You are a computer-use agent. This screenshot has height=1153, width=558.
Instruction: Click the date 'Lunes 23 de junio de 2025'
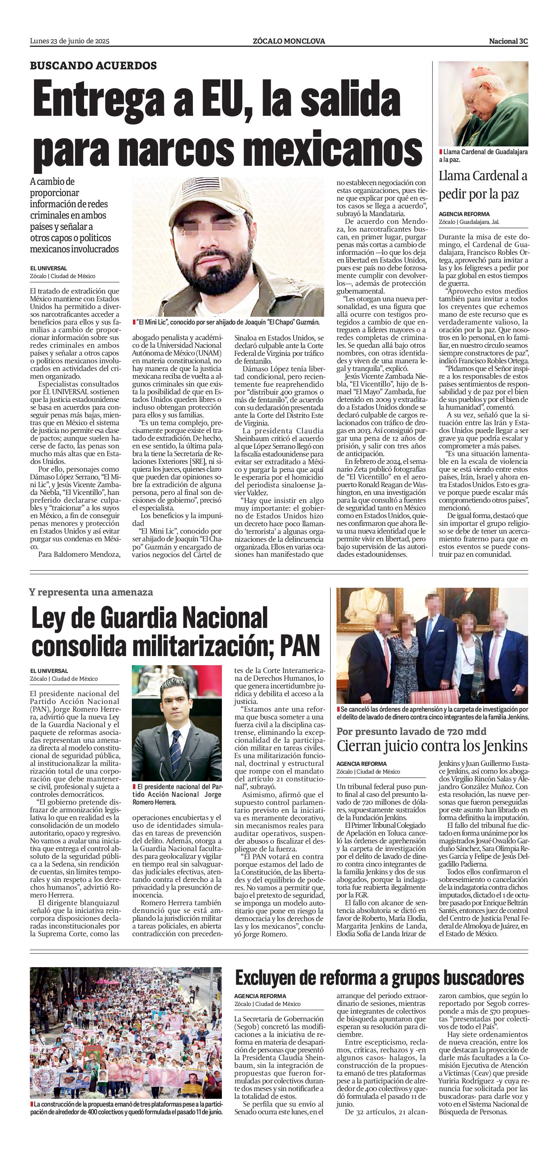coord(69,41)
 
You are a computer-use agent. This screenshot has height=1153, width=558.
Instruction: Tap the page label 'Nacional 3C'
coord(508,41)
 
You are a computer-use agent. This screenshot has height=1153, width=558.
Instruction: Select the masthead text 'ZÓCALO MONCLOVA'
coord(288,41)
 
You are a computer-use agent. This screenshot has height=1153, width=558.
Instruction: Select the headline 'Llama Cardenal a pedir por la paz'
coord(482,185)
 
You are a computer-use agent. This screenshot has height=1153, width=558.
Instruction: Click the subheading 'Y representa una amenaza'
coord(91,592)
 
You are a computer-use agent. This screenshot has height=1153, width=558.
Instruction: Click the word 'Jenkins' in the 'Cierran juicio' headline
coord(502,746)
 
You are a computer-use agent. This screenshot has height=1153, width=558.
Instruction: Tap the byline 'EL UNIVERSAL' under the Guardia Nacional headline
coord(49,671)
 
